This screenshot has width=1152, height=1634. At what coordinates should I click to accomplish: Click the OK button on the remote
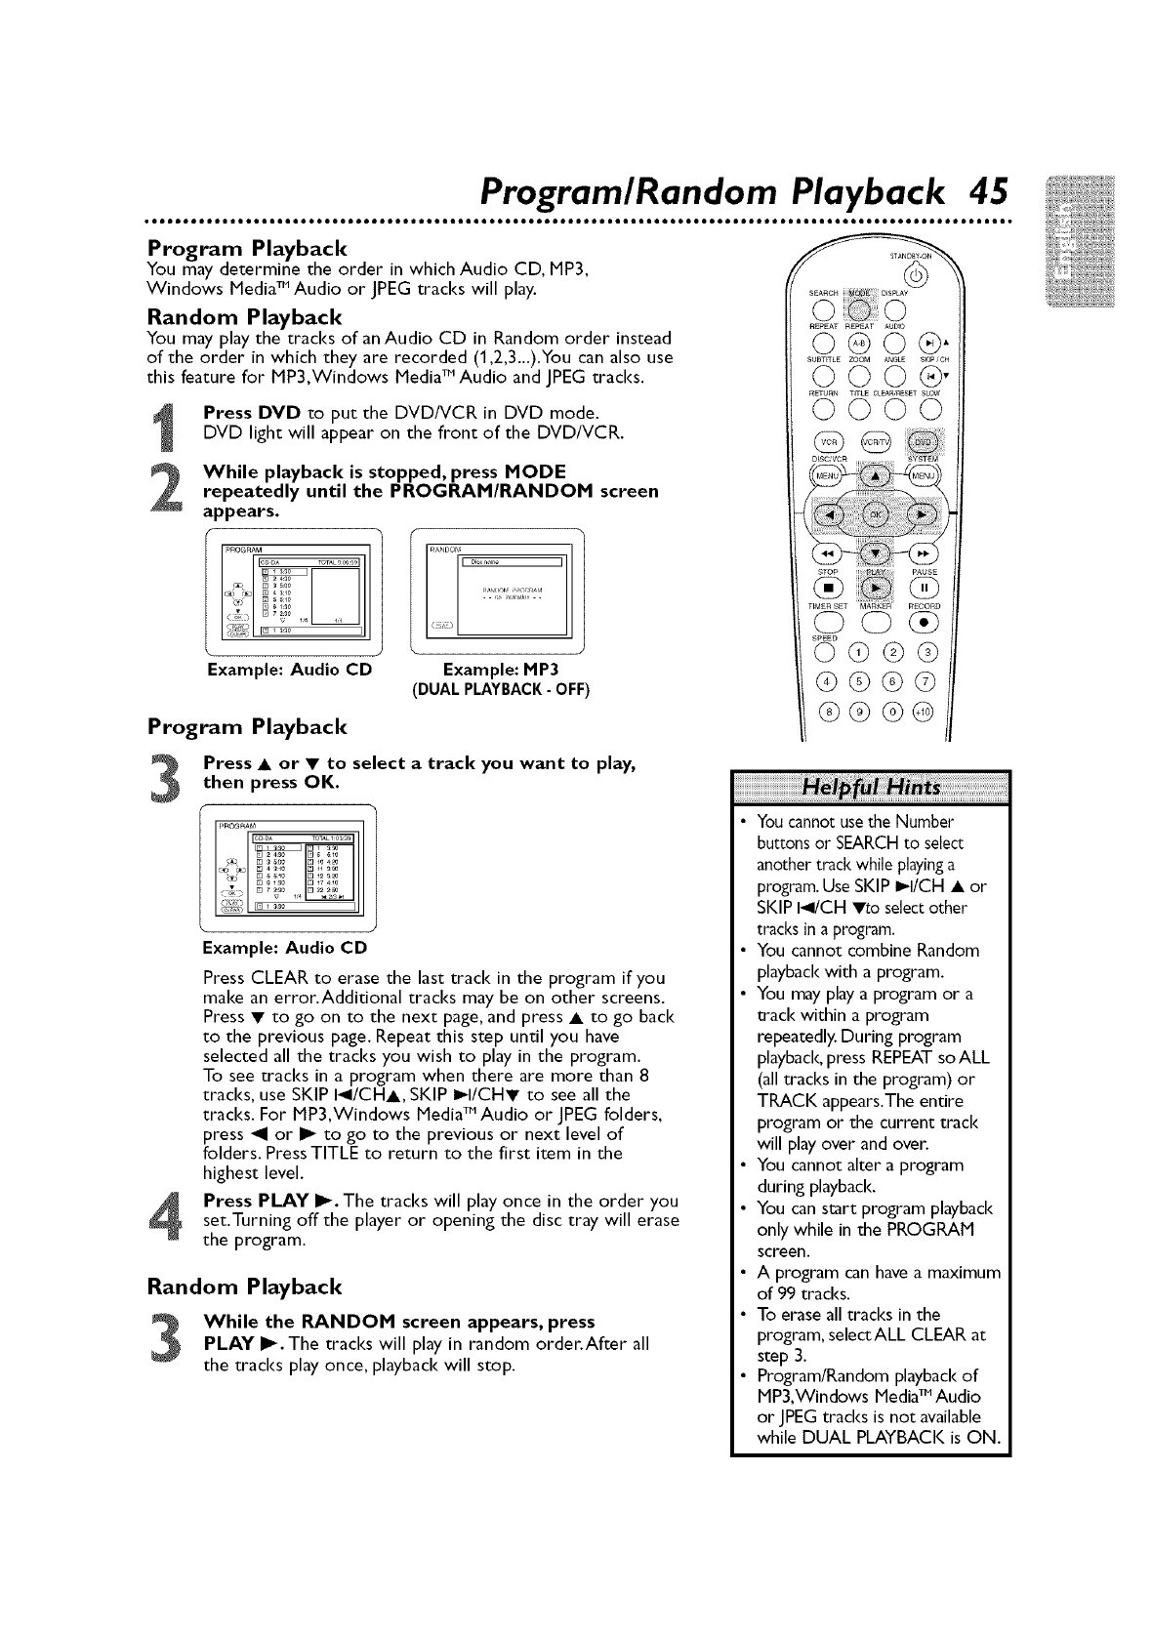point(874,514)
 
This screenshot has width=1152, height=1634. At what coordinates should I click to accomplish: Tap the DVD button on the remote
point(919,440)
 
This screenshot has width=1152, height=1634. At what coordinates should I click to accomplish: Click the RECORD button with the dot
point(925,626)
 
